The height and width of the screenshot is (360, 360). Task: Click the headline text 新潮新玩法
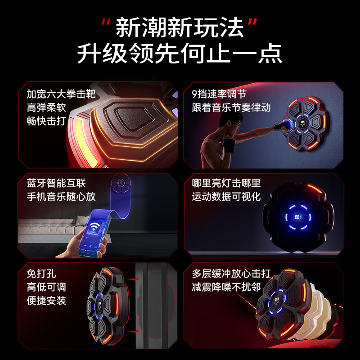(x=180, y=27)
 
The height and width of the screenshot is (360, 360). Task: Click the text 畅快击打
(x=46, y=121)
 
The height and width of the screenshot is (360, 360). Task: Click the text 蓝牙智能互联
(x=56, y=183)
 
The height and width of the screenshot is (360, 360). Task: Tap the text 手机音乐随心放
(x=61, y=197)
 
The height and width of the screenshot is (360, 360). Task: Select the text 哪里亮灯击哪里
(x=226, y=183)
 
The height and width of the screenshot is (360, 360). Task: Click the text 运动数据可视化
(x=226, y=197)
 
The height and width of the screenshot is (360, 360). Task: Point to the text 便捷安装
(x=46, y=300)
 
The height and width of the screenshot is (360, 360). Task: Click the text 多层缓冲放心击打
(x=231, y=274)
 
